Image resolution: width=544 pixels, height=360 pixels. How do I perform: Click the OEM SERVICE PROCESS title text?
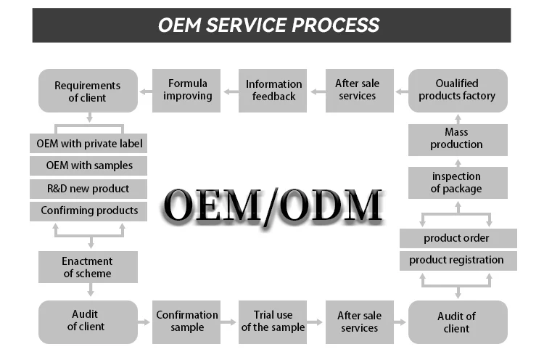[269, 25]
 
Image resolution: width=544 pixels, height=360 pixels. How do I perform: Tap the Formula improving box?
[187, 90]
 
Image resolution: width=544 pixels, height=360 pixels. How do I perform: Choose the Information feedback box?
[273, 90]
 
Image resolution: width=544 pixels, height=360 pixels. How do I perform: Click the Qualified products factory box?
[456, 90]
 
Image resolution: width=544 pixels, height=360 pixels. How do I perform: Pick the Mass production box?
[456, 138]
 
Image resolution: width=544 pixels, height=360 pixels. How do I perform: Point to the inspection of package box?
[456, 182]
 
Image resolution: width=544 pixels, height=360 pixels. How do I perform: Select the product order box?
[457, 238]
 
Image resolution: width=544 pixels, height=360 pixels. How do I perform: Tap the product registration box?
[457, 260]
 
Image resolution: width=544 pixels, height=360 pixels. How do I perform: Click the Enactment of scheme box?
[88, 266]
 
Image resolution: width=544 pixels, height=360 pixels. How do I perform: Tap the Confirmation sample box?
[187, 321]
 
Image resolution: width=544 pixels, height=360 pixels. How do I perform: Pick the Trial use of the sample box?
[273, 321]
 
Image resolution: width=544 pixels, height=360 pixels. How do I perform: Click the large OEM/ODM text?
[272, 205]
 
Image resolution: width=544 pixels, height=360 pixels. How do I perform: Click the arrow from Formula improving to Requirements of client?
[145, 91]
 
